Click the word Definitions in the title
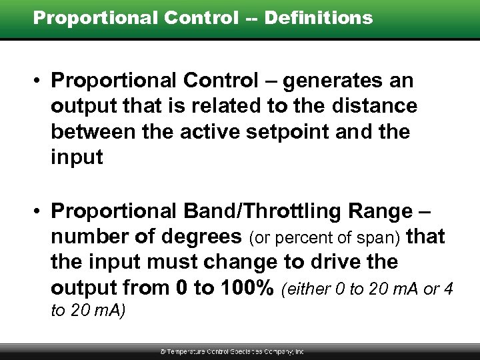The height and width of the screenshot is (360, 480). pos(319,18)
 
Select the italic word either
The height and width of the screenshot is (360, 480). pos(307,289)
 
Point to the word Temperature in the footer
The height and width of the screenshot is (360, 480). pos(195,351)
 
